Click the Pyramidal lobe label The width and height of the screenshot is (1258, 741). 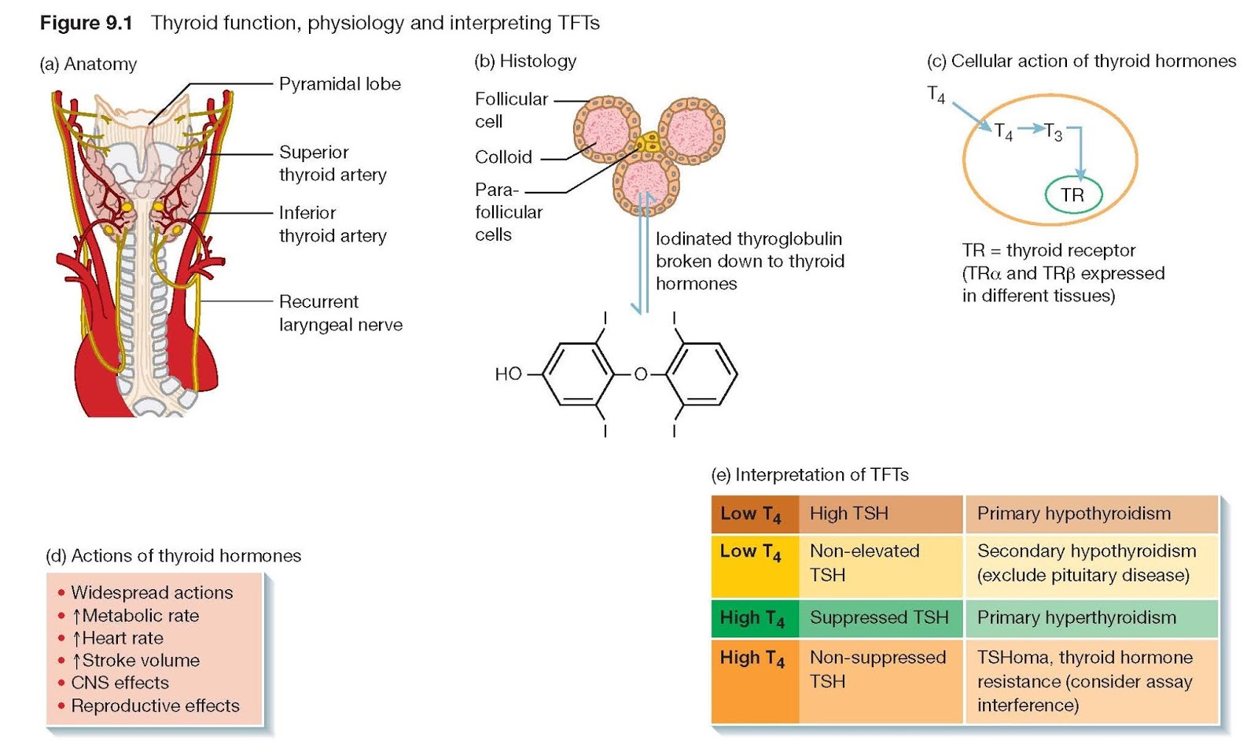(340, 84)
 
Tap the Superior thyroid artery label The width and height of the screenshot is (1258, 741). (333, 163)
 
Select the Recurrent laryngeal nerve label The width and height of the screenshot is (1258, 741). (340, 313)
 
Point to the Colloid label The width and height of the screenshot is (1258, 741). (503, 157)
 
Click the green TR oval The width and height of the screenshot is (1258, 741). (1072, 195)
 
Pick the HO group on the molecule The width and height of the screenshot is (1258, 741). (508, 374)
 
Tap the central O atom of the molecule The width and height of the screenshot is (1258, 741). (641, 374)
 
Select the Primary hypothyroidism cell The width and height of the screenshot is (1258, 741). (1091, 514)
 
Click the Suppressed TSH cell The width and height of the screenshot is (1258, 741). (880, 618)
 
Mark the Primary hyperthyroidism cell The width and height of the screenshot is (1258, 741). (1091, 618)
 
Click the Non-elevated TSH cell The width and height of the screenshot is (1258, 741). (880, 563)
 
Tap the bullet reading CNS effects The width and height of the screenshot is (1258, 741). (120, 683)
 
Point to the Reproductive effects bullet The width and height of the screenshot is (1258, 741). (155, 706)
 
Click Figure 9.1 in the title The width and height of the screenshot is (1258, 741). (86, 23)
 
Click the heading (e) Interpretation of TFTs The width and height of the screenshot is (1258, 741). (810, 475)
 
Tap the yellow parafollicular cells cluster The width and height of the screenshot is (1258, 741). (649, 143)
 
